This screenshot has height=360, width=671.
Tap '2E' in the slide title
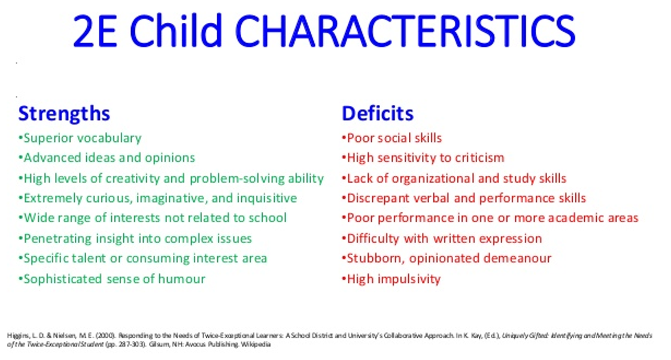[x=94, y=31]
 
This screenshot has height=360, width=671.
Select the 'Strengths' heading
[x=64, y=113]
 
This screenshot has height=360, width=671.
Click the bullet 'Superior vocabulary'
[x=80, y=138]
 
